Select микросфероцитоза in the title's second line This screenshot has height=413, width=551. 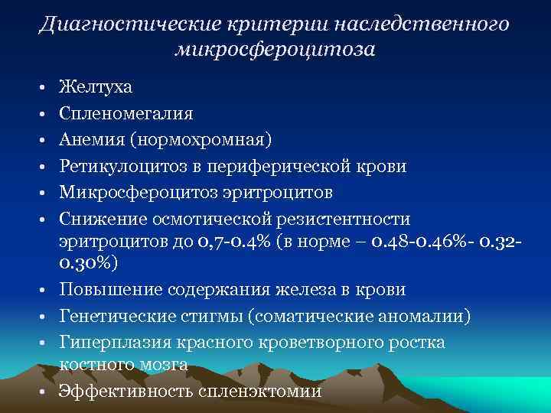pos(275,50)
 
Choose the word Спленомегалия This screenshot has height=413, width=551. pos(126,113)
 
